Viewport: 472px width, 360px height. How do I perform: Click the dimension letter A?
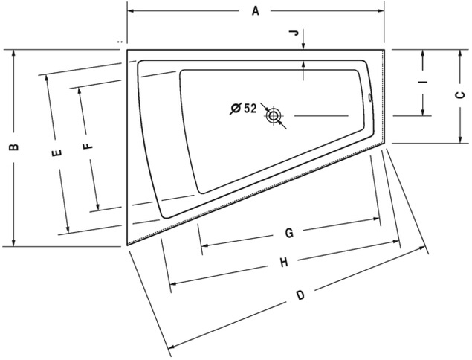255,11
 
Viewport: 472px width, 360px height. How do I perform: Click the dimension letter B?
14,147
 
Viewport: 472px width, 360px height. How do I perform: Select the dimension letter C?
460,95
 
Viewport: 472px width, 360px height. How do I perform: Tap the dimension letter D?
300,295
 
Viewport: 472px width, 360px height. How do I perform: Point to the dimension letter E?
57,152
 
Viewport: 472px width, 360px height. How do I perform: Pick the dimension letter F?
88,146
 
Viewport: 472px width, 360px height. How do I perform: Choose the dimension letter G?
289,233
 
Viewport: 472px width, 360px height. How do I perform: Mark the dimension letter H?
284,263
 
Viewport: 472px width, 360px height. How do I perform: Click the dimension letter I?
423,82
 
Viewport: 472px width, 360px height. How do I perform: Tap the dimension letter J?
296,33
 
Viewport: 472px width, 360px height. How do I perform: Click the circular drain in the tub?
274,116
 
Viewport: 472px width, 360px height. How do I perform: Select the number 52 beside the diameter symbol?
250,108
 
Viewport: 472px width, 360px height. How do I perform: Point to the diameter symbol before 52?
236,108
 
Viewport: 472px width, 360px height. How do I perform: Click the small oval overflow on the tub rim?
371,97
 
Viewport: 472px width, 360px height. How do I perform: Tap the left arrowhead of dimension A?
131,11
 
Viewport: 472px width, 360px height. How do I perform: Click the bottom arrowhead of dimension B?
13,242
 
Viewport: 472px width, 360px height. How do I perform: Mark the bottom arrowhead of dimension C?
460,140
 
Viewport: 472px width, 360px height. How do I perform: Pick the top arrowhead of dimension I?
423,54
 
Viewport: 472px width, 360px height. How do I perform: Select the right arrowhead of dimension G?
376,219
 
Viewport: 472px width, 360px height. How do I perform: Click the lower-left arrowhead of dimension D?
172,346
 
